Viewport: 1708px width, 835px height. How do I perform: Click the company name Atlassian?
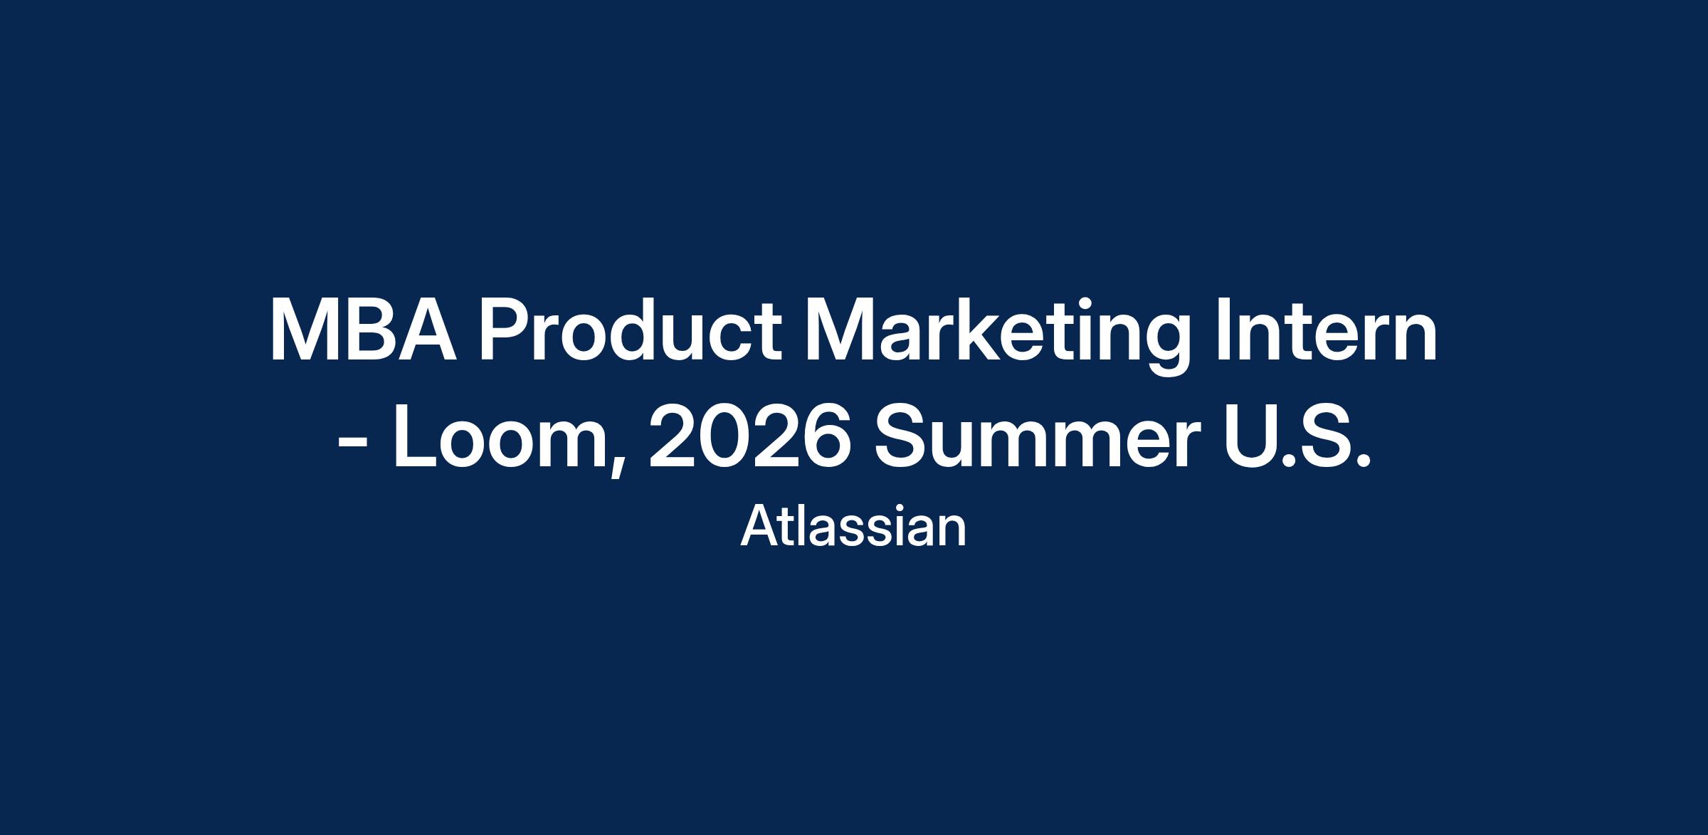point(853,527)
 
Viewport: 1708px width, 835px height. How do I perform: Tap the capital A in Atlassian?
point(759,526)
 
